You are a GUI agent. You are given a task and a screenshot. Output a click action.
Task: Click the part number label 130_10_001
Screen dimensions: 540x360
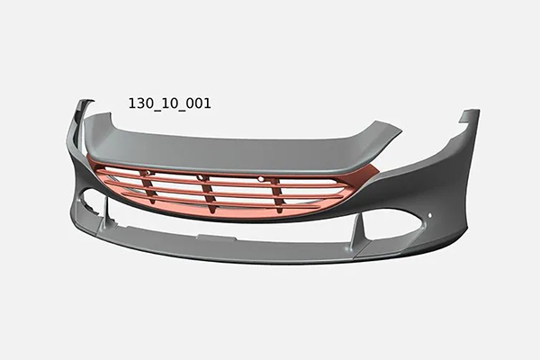click(x=169, y=103)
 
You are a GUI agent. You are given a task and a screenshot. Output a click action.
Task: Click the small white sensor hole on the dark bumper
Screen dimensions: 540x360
click(x=429, y=216)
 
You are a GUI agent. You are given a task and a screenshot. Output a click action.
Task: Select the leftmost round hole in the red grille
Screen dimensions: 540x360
click(x=148, y=172)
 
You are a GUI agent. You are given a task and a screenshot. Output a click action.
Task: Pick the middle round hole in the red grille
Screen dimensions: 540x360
click(x=200, y=178)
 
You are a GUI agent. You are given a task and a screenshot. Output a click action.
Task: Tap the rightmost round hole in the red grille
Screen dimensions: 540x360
click(x=261, y=179)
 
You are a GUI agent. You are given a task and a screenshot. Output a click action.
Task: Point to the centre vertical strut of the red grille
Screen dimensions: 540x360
click(x=209, y=193)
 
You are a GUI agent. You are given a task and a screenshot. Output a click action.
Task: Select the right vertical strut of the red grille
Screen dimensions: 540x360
click(x=276, y=195)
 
